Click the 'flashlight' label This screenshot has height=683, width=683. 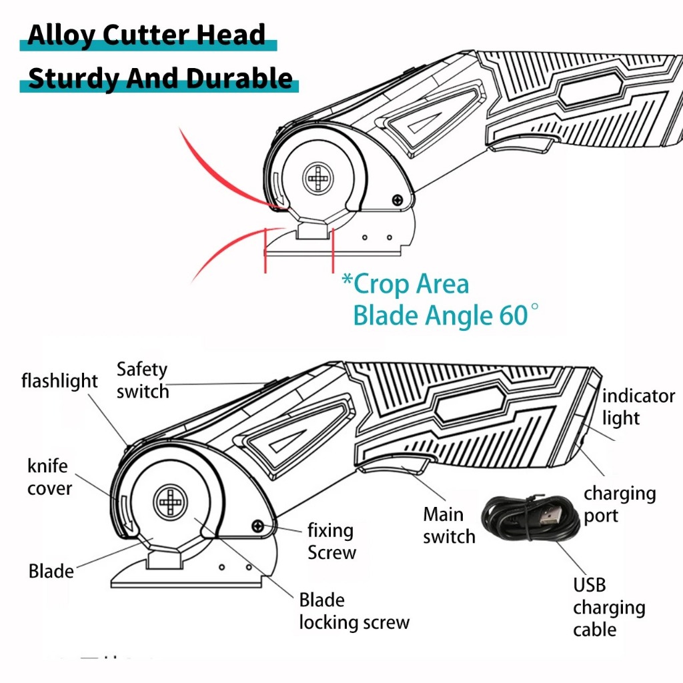(x=59, y=382)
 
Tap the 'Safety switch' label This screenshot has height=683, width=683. (x=143, y=380)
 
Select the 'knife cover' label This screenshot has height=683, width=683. (x=49, y=477)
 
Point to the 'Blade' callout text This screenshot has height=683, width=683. (x=51, y=571)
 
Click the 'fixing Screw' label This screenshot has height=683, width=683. (x=331, y=542)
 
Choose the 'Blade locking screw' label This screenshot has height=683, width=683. (x=354, y=611)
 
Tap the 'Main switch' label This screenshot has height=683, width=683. (x=449, y=526)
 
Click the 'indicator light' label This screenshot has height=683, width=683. (x=638, y=407)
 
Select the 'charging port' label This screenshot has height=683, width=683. (x=620, y=504)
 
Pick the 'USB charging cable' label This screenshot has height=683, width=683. (x=608, y=607)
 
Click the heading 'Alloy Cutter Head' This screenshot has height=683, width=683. (x=146, y=35)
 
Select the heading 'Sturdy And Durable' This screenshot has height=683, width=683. (x=160, y=79)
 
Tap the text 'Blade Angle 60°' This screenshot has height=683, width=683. (x=440, y=315)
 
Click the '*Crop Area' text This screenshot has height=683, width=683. (x=405, y=284)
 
